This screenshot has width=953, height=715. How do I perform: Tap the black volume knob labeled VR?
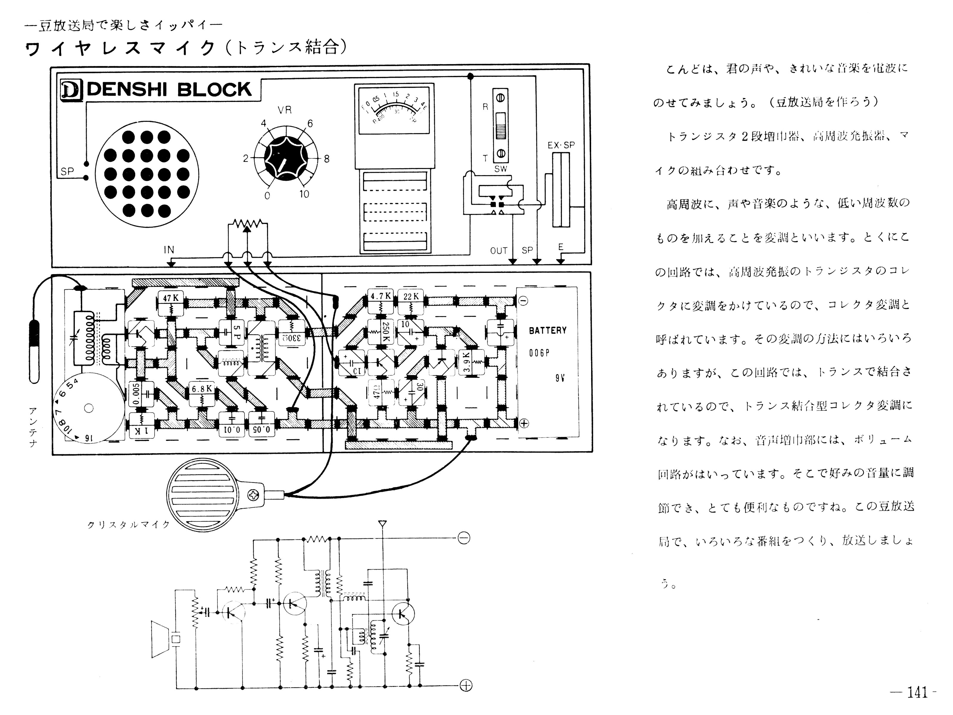coord(286,157)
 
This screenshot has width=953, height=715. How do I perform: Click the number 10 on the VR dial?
coord(304,194)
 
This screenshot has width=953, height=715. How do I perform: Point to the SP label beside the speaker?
coord(67,172)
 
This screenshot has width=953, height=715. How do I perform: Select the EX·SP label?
coord(561,145)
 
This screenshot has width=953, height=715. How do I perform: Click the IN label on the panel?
coord(169,250)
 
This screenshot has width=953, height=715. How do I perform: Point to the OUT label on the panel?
coord(499,251)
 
